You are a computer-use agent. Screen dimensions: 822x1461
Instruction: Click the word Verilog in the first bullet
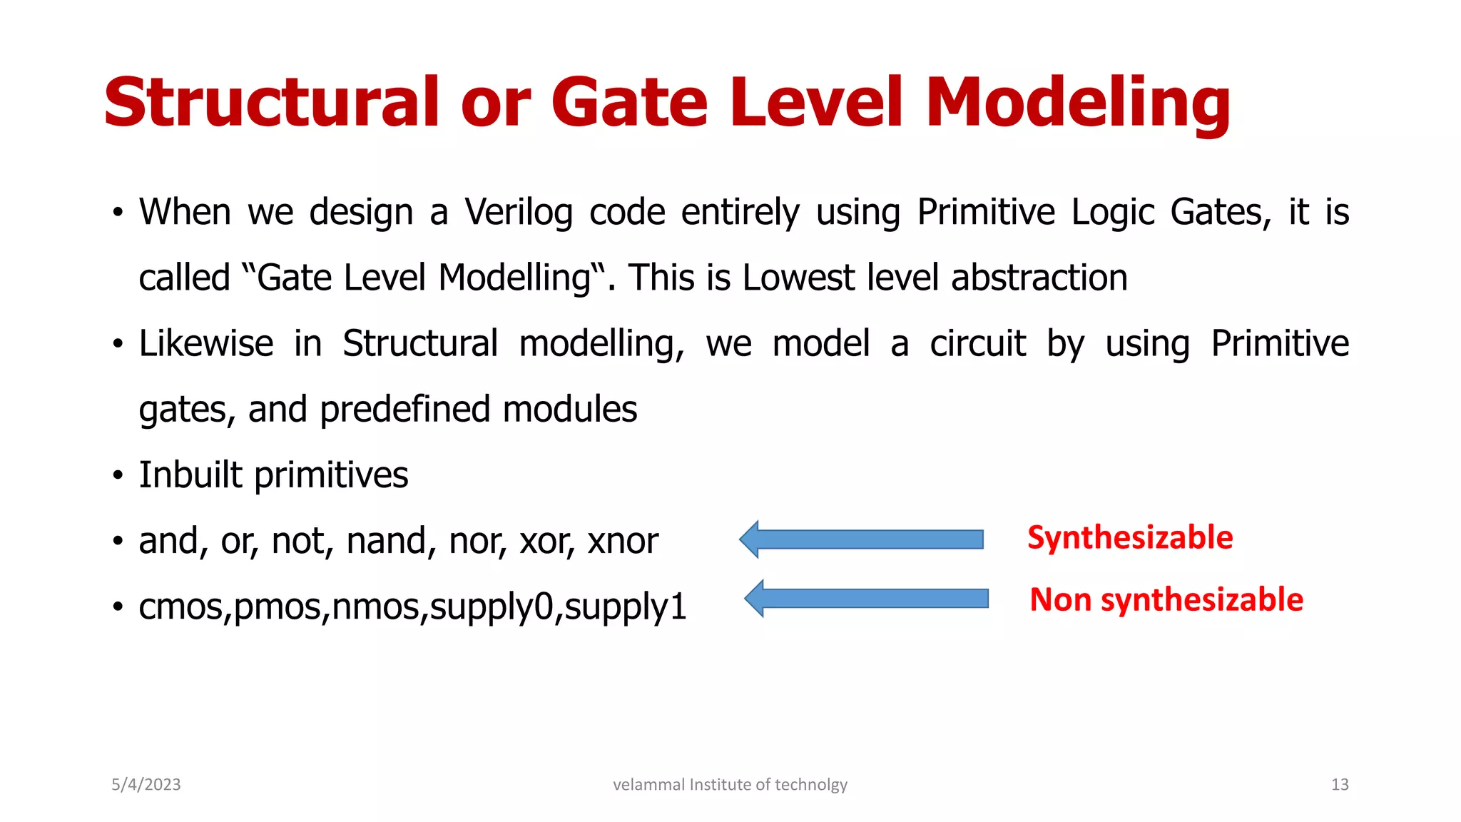(x=519, y=213)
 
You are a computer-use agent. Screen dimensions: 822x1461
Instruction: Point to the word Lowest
(x=798, y=278)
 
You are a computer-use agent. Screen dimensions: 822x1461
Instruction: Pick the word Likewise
(x=205, y=344)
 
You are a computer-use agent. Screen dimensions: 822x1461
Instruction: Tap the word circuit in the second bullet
(x=977, y=344)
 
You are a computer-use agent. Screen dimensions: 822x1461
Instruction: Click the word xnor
(x=622, y=542)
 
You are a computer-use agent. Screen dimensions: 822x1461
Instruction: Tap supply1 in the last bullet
(x=625, y=607)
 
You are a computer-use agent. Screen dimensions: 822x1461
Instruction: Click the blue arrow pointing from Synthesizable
(x=861, y=539)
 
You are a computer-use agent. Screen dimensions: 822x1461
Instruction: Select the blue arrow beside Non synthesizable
(x=866, y=598)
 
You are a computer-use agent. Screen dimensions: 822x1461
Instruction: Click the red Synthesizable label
(x=1129, y=537)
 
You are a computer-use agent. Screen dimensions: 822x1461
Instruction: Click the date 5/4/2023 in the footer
(x=146, y=785)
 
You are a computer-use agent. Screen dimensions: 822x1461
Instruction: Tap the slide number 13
(x=1339, y=785)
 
